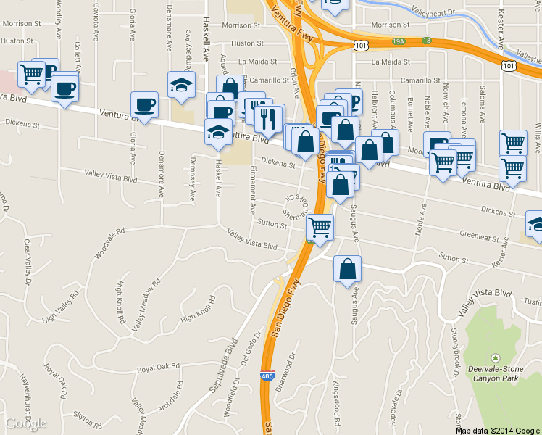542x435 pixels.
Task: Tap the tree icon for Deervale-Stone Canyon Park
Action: click(x=495, y=358)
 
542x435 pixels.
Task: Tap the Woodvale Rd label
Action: click(x=109, y=243)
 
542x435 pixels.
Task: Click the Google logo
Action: click(x=25, y=423)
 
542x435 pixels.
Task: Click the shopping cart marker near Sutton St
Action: click(x=320, y=227)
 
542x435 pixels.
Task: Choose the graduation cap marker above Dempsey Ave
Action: click(x=181, y=84)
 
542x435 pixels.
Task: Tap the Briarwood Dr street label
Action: click(x=288, y=371)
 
